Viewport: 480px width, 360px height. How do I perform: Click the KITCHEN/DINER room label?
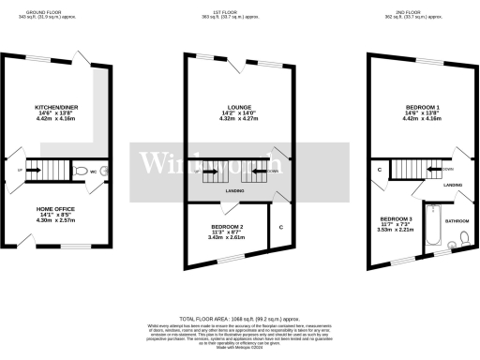(x=55, y=108)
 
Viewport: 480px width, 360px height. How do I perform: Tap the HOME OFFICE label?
(x=55, y=209)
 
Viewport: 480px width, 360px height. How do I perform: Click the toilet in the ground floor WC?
(x=82, y=172)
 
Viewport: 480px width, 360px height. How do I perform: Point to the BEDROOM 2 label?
(x=227, y=228)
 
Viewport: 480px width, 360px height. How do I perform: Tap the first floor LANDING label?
(x=235, y=192)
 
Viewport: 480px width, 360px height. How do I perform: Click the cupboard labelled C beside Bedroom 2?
(x=280, y=228)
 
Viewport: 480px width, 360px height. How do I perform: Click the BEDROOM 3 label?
(x=390, y=221)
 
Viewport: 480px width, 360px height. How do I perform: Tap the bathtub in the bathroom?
(x=431, y=226)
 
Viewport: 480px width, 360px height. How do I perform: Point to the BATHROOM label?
(x=457, y=220)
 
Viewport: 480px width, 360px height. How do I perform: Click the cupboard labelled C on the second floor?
(x=379, y=170)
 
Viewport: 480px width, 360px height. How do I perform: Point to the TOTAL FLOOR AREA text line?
(x=240, y=320)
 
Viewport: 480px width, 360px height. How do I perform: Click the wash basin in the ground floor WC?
(x=105, y=172)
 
